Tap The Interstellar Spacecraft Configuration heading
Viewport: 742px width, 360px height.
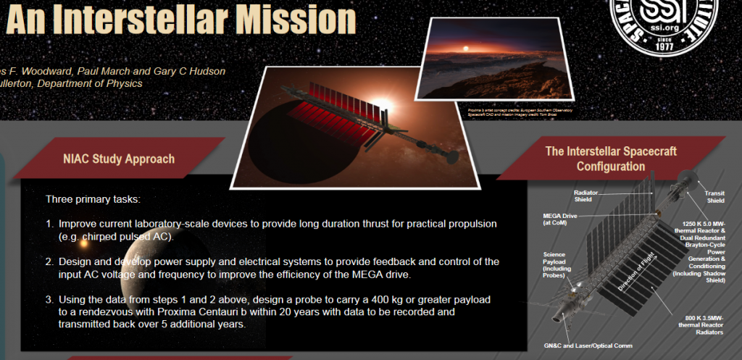point(610,159)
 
